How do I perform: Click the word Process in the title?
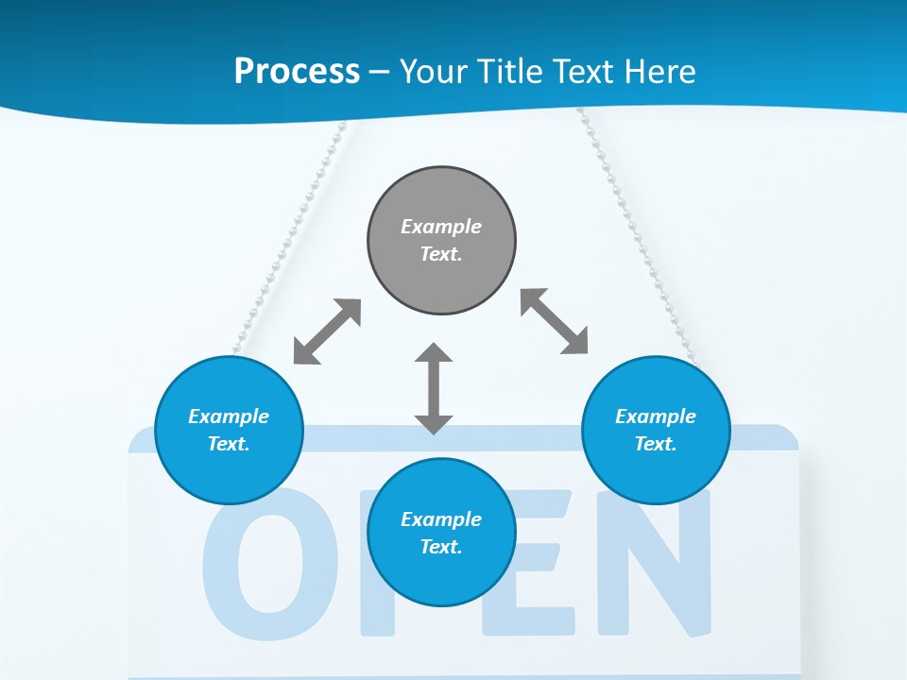(x=297, y=71)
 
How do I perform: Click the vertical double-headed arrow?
(x=434, y=388)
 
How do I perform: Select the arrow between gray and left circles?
(x=327, y=331)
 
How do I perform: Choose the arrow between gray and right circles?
(x=555, y=321)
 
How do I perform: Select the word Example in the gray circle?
(x=441, y=227)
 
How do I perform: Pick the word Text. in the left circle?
(x=229, y=444)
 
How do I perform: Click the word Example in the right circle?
(x=656, y=416)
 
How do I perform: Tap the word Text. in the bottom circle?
(x=441, y=547)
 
